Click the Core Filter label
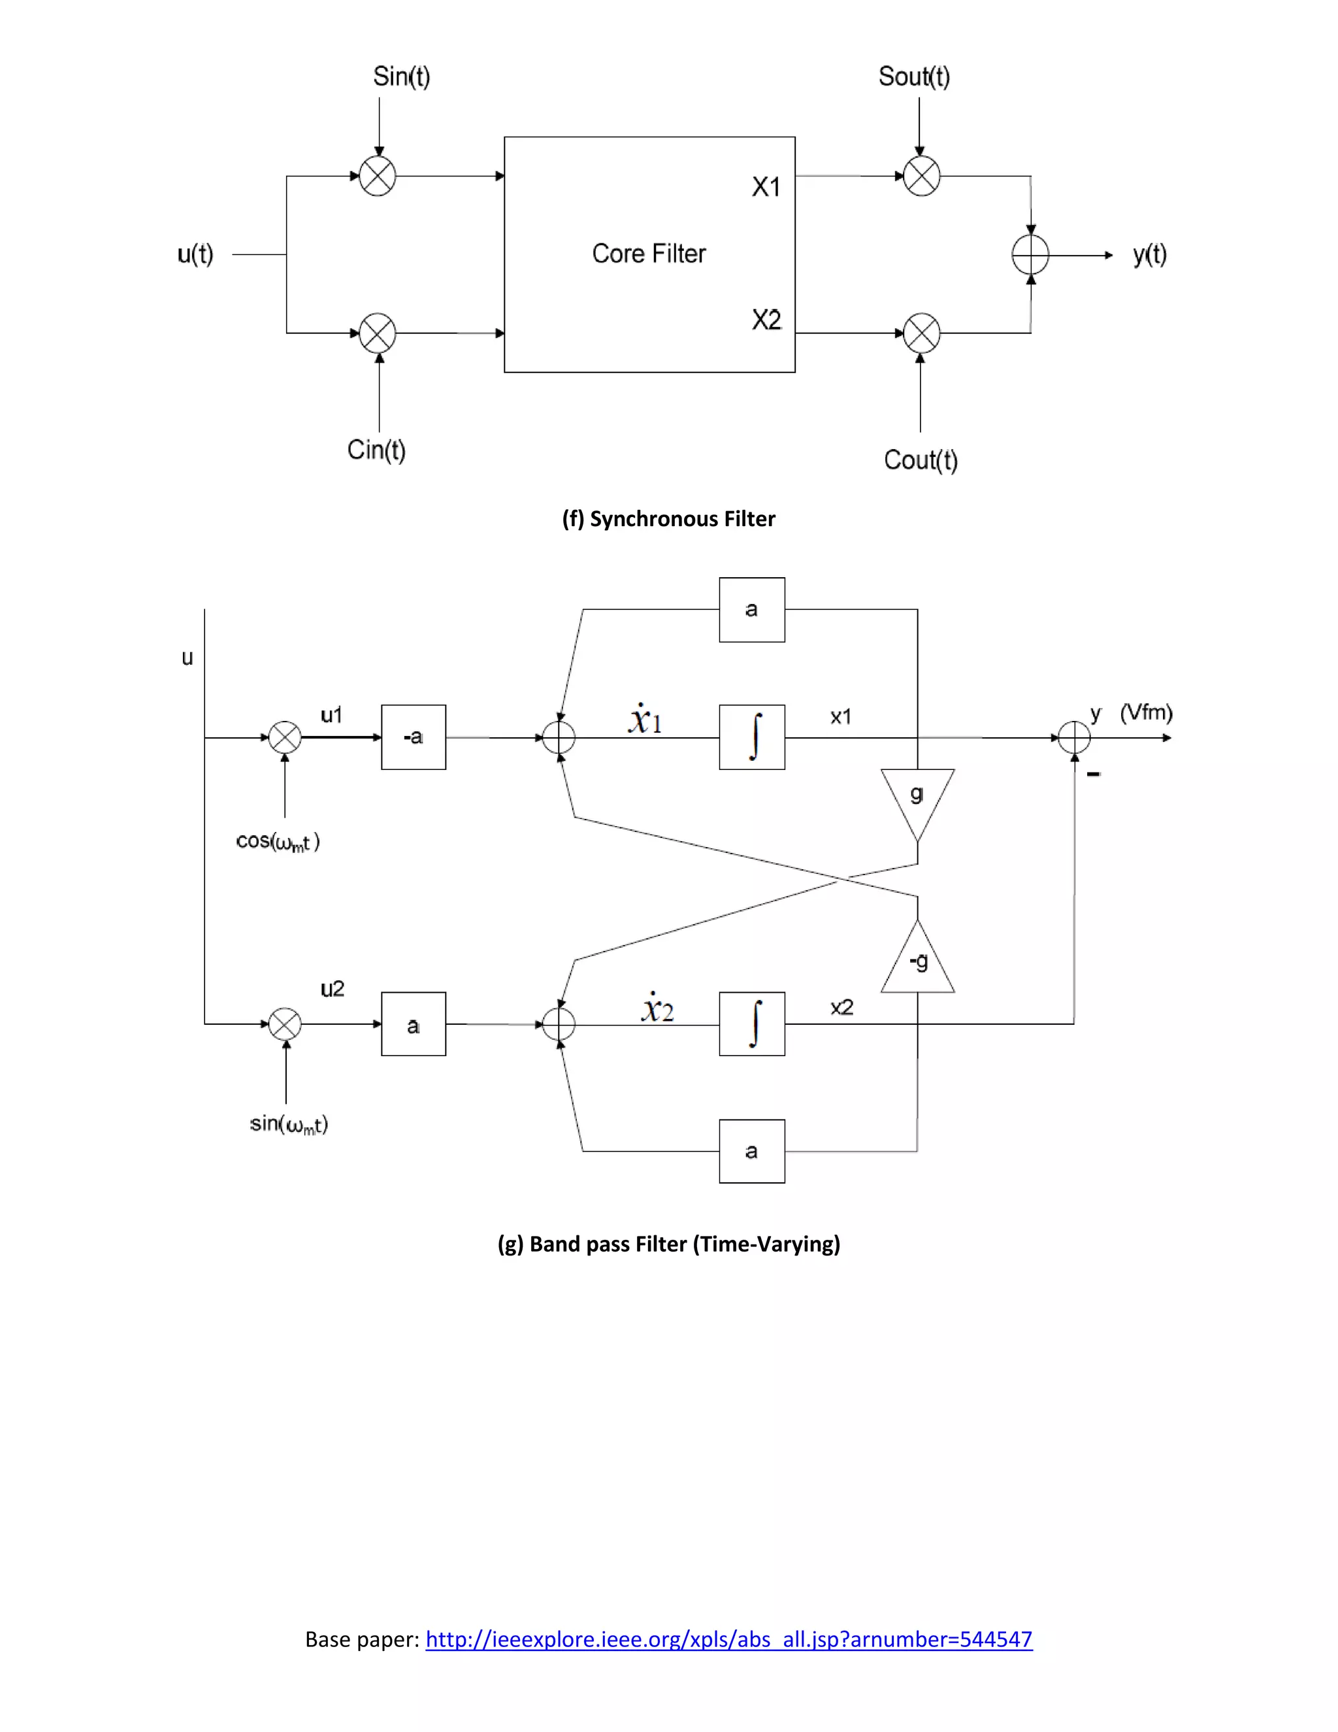pos(648,254)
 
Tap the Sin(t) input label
pos(401,77)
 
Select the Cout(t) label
pos(921,460)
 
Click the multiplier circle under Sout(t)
pos(921,176)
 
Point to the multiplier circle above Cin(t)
pos(378,333)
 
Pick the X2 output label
pos(766,320)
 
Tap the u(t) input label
pos(195,254)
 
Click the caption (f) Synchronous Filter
pos(668,519)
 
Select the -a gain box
pos(413,737)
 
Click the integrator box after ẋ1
pos(751,737)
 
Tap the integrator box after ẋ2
pos(751,1024)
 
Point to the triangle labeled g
pos(917,797)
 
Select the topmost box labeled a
pos(751,610)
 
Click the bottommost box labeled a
pos(751,1152)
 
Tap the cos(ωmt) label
pos(278,841)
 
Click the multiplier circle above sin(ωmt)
pos(286,1024)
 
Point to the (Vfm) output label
pos(1145,712)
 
